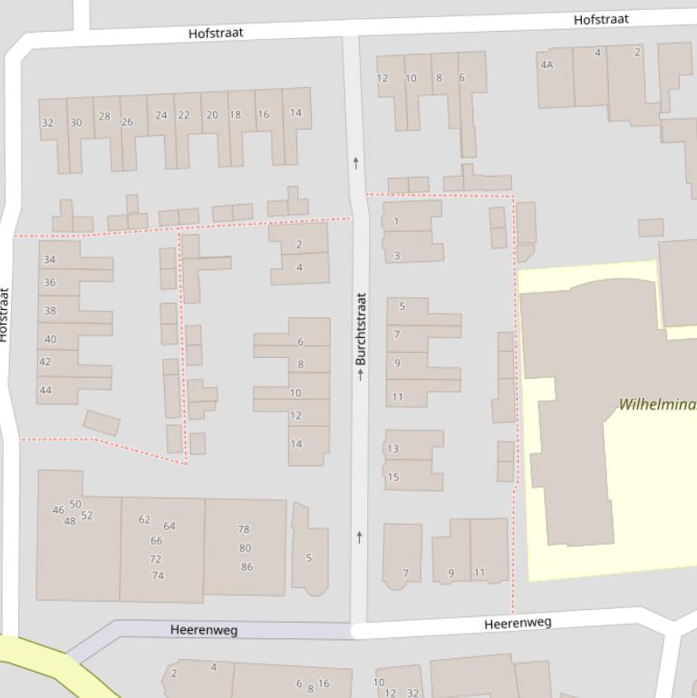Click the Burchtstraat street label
(x=361, y=329)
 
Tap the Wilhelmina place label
(x=656, y=404)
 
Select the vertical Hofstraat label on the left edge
(x=4, y=315)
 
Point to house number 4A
(x=547, y=64)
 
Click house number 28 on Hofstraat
(x=104, y=116)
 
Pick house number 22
(x=184, y=115)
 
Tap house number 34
(x=50, y=259)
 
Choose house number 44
(x=45, y=391)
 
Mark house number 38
(x=50, y=310)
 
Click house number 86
(x=247, y=567)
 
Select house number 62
(x=144, y=519)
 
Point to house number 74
(x=158, y=576)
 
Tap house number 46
(x=58, y=509)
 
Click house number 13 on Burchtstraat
(x=392, y=449)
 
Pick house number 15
(x=393, y=477)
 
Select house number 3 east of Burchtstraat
(x=396, y=257)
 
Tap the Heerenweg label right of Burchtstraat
(x=517, y=624)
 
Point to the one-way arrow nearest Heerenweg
(x=360, y=538)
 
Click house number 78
(x=244, y=529)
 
